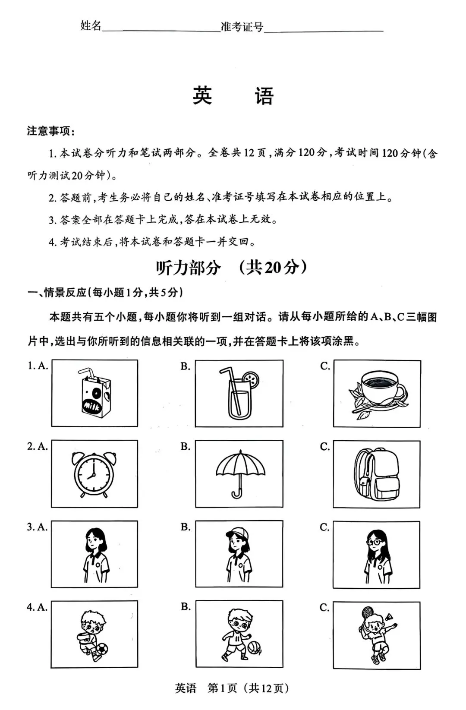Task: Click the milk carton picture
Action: tap(94, 394)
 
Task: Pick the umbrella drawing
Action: tap(239, 473)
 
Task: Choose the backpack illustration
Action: tap(376, 473)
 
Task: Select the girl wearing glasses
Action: tap(376, 554)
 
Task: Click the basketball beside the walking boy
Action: tap(254, 648)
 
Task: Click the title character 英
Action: tap(202, 96)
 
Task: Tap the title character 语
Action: tap(264, 96)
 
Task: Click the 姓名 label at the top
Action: tap(91, 26)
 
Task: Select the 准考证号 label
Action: tap(242, 27)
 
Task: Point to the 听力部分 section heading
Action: tap(188, 268)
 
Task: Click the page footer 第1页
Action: tap(222, 688)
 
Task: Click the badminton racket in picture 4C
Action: tap(367, 612)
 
